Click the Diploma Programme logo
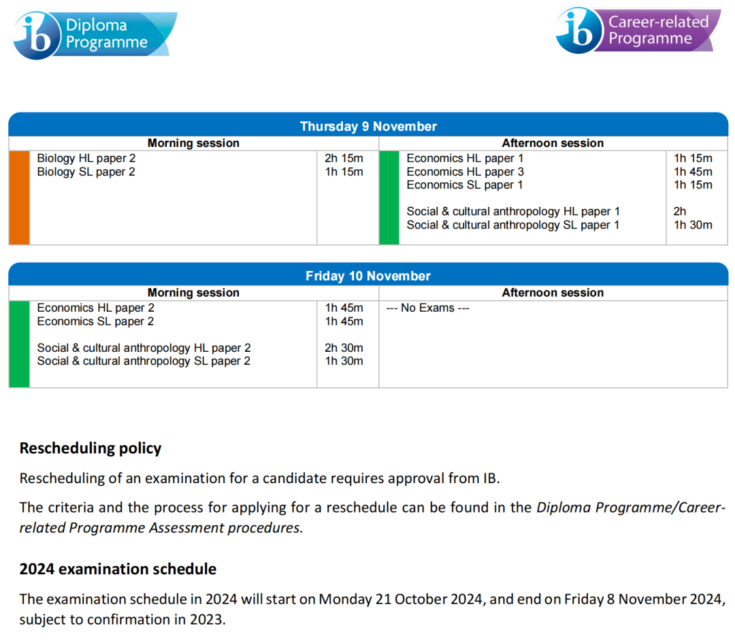(95, 35)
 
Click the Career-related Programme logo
(637, 31)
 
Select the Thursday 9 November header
(368, 127)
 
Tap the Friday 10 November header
(368, 276)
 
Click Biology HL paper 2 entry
(86, 159)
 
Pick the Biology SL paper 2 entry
(86, 172)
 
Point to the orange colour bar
(19, 197)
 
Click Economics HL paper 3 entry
(465, 172)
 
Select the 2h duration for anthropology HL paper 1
(680, 212)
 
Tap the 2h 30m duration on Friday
(344, 348)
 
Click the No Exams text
(427, 308)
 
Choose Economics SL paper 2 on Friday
(95, 321)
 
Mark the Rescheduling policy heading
(91, 448)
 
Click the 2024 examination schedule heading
(118, 569)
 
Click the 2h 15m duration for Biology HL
(344, 159)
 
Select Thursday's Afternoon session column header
(553, 144)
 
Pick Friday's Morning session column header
(193, 293)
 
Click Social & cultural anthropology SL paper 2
(144, 361)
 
